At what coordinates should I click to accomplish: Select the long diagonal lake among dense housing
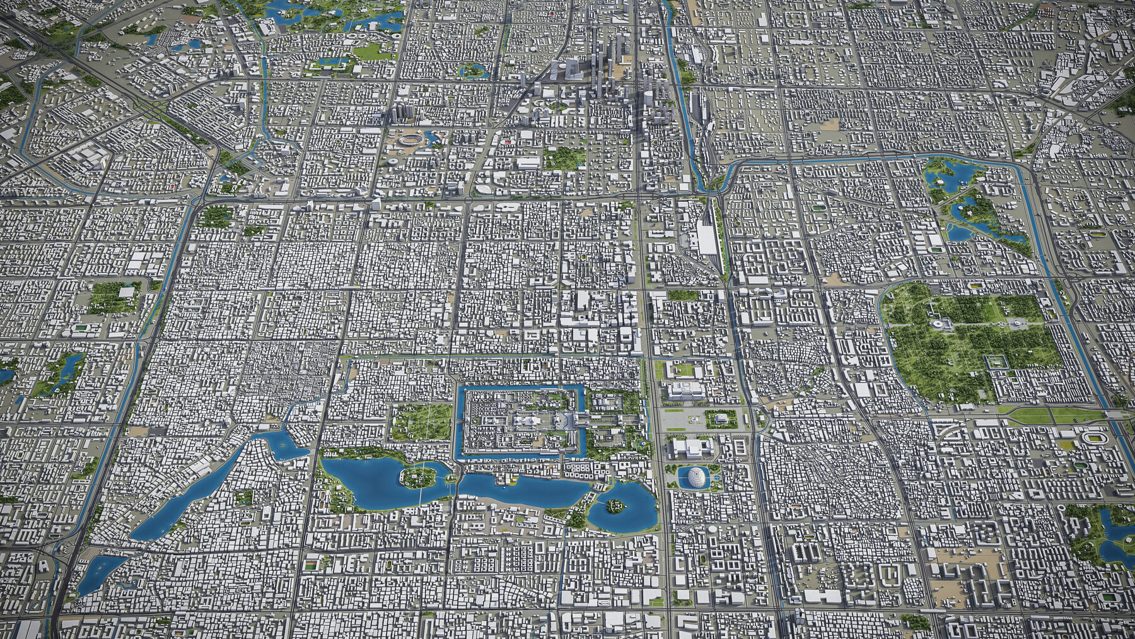click(189, 486)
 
